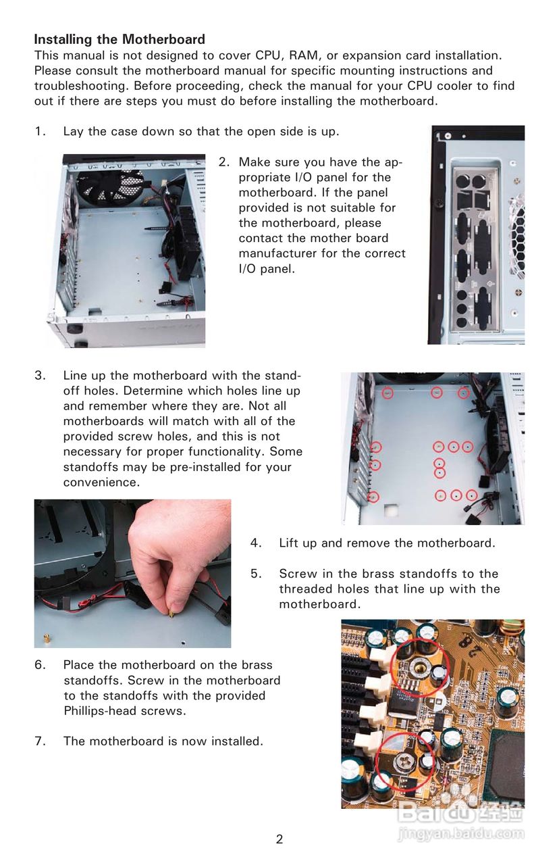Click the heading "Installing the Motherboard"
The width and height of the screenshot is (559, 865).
119,39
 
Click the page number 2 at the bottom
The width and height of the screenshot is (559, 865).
279,839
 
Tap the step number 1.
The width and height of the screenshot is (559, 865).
40,131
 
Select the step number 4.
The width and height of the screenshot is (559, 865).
256,543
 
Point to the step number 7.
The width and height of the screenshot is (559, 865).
39,741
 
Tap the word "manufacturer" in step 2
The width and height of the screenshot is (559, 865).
277,253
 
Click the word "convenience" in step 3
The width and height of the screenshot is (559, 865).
101,483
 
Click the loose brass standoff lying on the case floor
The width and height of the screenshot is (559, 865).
47,637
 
